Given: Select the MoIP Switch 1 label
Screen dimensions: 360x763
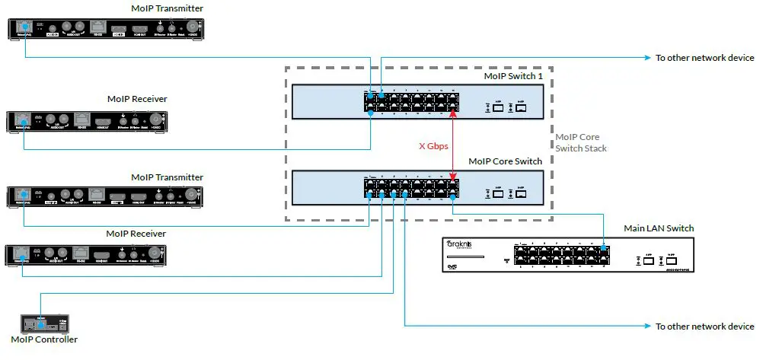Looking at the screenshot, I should pyautogui.click(x=512, y=76).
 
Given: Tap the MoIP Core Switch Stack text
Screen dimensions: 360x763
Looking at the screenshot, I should pyautogui.click(x=581, y=142).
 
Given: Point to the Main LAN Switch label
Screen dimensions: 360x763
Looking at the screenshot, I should pyautogui.click(x=658, y=228).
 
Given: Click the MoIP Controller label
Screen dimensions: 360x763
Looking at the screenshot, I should pyautogui.click(x=44, y=339).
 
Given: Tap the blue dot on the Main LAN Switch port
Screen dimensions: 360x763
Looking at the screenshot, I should pyautogui.click(x=604, y=249).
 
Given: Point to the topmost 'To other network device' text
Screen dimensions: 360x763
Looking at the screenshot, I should pyautogui.click(x=704, y=58).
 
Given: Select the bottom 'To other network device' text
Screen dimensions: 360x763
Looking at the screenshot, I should pyautogui.click(x=704, y=327).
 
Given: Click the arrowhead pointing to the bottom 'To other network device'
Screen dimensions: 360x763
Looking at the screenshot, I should pyautogui.click(x=647, y=327).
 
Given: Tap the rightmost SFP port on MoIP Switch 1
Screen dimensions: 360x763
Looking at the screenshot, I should pyautogui.click(x=522, y=108).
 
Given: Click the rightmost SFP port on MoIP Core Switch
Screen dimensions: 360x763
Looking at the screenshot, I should pyautogui.click(x=522, y=193).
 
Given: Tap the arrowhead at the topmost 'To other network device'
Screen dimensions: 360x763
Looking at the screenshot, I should pyautogui.click(x=647, y=58).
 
